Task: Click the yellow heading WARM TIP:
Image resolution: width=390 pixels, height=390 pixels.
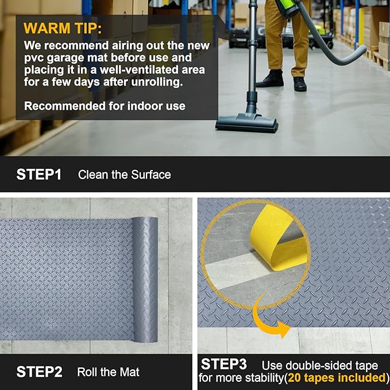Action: click(63, 28)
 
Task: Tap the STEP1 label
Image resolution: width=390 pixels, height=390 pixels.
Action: click(38, 175)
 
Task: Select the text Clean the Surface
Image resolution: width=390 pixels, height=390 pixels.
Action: click(124, 175)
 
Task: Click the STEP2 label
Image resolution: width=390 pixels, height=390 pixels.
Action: click(39, 372)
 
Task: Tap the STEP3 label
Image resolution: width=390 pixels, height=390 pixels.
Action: click(223, 365)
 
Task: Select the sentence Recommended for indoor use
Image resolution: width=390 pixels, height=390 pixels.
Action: click(105, 106)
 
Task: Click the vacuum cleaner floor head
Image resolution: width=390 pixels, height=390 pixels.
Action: click(246, 122)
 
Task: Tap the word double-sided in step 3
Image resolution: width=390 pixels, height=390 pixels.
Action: click(326, 365)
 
